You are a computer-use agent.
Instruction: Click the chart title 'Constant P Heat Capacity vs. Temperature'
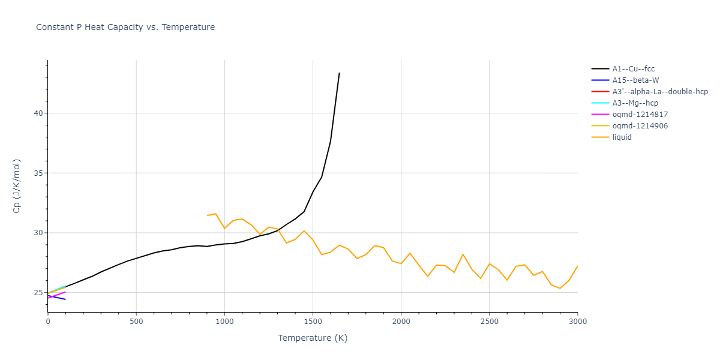(125, 27)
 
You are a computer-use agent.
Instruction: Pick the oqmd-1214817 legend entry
(640, 115)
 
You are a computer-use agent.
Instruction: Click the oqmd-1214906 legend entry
(640, 126)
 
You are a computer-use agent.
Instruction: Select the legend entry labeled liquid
(622, 137)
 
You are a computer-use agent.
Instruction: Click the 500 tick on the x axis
(136, 322)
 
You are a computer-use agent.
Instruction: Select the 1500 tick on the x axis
(313, 322)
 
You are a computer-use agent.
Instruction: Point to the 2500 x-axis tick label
(489, 322)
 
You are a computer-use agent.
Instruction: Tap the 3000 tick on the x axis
(577, 322)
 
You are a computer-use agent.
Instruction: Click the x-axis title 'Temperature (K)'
(313, 338)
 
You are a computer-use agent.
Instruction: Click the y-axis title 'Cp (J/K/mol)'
(16, 186)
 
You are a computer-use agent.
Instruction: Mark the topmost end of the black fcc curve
(339, 73)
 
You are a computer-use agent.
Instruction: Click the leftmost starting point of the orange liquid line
(207, 215)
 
